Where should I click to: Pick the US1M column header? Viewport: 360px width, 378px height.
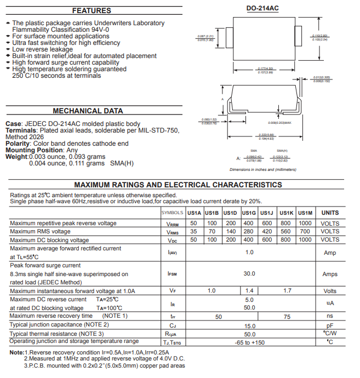point(305,213)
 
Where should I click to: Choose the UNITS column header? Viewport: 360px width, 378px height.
point(330,213)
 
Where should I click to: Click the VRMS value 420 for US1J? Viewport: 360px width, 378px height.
point(267,231)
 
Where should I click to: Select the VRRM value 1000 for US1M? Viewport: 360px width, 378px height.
point(305,223)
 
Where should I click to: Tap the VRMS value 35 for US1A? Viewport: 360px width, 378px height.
point(194,231)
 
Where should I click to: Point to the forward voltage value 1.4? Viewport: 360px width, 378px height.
point(249,291)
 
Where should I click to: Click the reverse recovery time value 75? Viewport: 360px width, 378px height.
point(287,316)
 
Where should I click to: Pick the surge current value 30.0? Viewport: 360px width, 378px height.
point(249,273)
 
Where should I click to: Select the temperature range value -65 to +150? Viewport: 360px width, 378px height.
point(249,342)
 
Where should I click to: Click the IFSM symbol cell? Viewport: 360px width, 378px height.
point(173,273)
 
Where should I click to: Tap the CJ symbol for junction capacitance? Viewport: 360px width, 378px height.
point(173,325)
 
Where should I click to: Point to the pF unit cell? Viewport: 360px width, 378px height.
point(330,325)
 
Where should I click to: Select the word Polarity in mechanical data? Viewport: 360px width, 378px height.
point(18,144)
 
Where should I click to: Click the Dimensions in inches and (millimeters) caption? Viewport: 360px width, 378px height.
point(263,170)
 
